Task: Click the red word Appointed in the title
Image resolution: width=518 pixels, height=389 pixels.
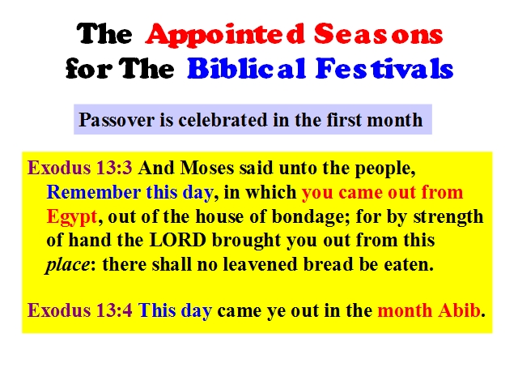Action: click(225, 35)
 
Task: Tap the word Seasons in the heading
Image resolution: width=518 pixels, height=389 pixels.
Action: click(379, 33)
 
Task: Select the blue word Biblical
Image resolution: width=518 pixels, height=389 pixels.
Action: click(246, 68)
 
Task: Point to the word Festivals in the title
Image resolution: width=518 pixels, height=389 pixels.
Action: click(384, 68)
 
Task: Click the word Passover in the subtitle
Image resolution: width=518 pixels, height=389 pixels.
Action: click(117, 120)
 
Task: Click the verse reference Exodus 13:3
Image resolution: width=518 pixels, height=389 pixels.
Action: click(80, 168)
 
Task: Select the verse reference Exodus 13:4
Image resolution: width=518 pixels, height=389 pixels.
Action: click(80, 310)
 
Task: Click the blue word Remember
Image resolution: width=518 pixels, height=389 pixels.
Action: click(94, 192)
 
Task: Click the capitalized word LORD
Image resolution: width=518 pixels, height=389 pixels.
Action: click(178, 240)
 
